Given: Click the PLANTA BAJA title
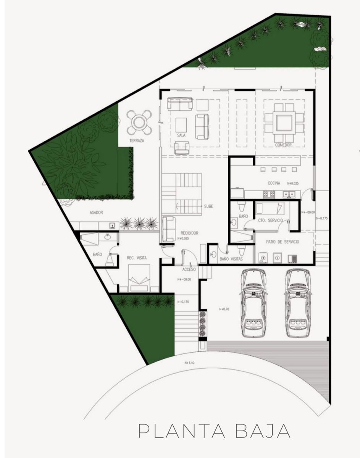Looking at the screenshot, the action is tap(214, 431).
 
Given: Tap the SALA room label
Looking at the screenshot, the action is tap(181, 135).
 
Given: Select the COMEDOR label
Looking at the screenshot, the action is tap(283, 145).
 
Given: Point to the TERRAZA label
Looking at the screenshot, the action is tap(137, 140).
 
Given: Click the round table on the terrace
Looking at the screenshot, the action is tap(139, 123).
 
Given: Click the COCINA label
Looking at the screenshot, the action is tap(274, 183).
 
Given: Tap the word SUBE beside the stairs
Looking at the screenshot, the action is tap(208, 206).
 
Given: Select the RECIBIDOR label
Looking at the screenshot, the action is tap(189, 233).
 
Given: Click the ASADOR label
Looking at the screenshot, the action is tap(96, 213).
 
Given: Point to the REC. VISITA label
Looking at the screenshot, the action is tap(137, 258).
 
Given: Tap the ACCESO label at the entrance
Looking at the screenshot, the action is tap(189, 269).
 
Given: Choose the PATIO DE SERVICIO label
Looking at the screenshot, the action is tap(283, 242).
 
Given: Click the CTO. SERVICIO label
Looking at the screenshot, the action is tap(271, 220).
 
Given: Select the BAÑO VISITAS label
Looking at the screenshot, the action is tap(231, 259).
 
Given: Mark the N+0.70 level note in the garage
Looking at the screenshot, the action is tap(224, 309).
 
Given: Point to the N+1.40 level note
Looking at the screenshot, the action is tap(189, 363).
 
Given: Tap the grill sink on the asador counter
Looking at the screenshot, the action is tap(113, 226).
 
